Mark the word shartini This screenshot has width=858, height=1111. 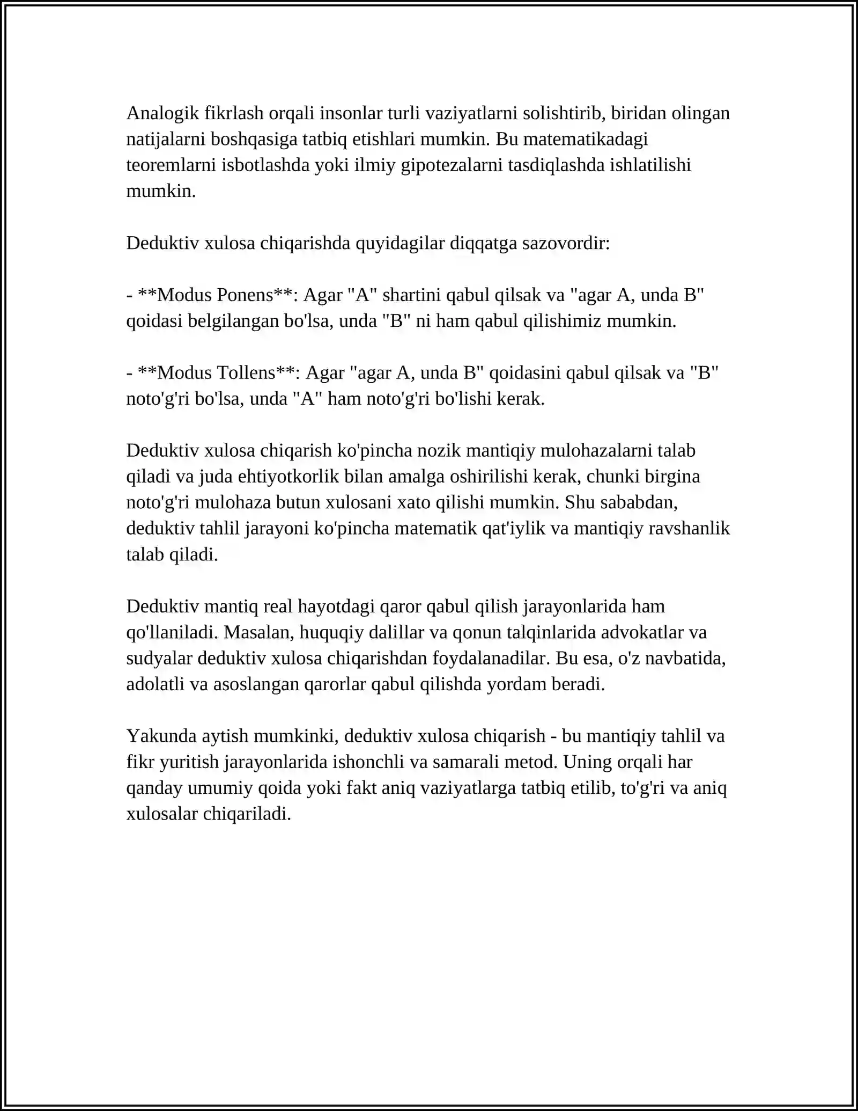coord(412,295)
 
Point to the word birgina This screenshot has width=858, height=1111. coord(672,476)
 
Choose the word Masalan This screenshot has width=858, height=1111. coord(258,632)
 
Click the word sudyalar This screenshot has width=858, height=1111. coord(159,658)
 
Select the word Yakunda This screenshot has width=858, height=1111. coord(161,736)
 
